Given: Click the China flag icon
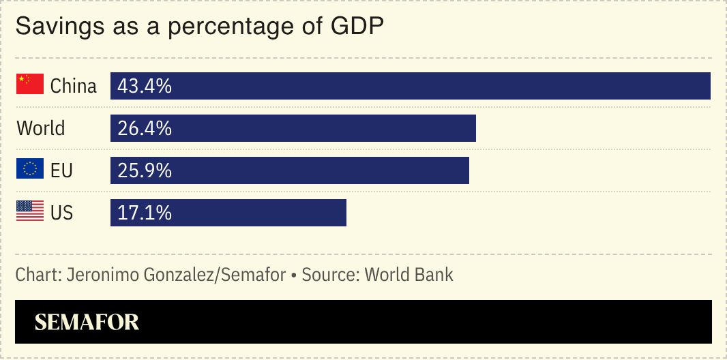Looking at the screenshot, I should (x=30, y=85).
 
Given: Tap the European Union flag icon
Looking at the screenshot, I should (x=30, y=169).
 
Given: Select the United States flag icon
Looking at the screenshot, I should (x=30, y=211).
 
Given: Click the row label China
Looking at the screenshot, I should (x=74, y=86).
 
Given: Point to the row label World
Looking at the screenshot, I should (x=41, y=128).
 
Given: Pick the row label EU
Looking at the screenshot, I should (x=61, y=170).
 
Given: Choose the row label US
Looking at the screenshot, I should (x=61, y=213).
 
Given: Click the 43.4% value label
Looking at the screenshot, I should (x=145, y=86).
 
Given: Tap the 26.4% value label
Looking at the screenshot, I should (x=145, y=128).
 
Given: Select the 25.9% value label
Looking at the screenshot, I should (x=145, y=170).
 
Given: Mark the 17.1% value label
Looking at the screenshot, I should (x=145, y=213).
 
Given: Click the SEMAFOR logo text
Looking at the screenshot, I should (x=87, y=322).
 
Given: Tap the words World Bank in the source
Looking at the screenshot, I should (x=409, y=275).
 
